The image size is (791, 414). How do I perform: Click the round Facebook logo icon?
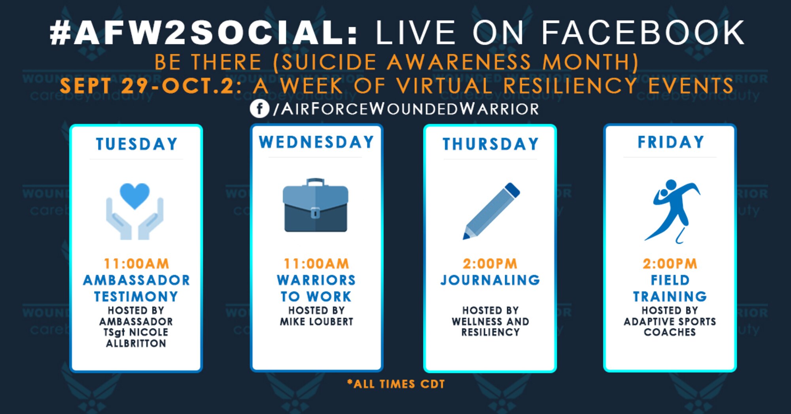(x=259, y=108)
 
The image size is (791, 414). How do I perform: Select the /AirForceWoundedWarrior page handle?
(x=406, y=109)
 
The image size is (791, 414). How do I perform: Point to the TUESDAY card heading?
(x=136, y=144)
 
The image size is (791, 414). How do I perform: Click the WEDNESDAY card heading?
(x=316, y=142)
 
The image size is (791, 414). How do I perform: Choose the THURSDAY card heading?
(x=490, y=144)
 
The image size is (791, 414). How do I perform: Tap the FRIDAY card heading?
(x=671, y=142)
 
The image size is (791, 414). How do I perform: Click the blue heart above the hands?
(x=134, y=196)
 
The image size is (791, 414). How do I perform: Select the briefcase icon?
(x=316, y=205)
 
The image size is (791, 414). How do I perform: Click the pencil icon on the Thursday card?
(x=491, y=211)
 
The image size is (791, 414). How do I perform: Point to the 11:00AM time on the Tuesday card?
(x=136, y=264)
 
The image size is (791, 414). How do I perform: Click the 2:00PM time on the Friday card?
(x=670, y=264)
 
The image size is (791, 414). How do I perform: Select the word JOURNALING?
(x=490, y=280)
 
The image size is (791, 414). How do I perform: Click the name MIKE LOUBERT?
(x=316, y=321)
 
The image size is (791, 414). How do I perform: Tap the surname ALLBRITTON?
(x=136, y=343)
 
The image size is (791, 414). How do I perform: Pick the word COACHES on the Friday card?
(x=670, y=332)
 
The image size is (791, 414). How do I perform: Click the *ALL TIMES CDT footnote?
(x=396, y=384)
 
